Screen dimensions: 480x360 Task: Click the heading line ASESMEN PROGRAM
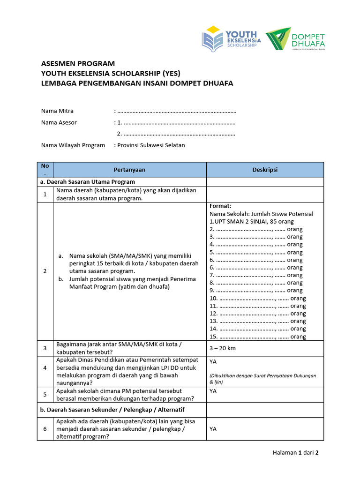[x=77, y=63]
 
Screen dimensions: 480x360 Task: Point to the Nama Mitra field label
[x=57, y=111]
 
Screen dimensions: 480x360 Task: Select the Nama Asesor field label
[x=59, y=122]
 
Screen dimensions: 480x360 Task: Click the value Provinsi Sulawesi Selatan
[x=151, y=145]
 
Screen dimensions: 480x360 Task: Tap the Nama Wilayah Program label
[x=73, y=145]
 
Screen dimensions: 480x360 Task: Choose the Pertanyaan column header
[x=129, y=170]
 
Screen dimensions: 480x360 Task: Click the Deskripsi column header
[x=264, y=170]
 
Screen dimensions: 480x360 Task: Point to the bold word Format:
[x=220, y=206]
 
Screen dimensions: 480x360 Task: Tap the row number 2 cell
[x=45, y=271]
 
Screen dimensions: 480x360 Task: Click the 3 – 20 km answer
[x=222, y=348]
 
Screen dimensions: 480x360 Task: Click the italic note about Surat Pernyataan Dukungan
[x=262, y=379]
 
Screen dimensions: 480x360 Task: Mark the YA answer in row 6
[x=213, y=429]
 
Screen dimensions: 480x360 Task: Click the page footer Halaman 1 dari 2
[x=295, y=453]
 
